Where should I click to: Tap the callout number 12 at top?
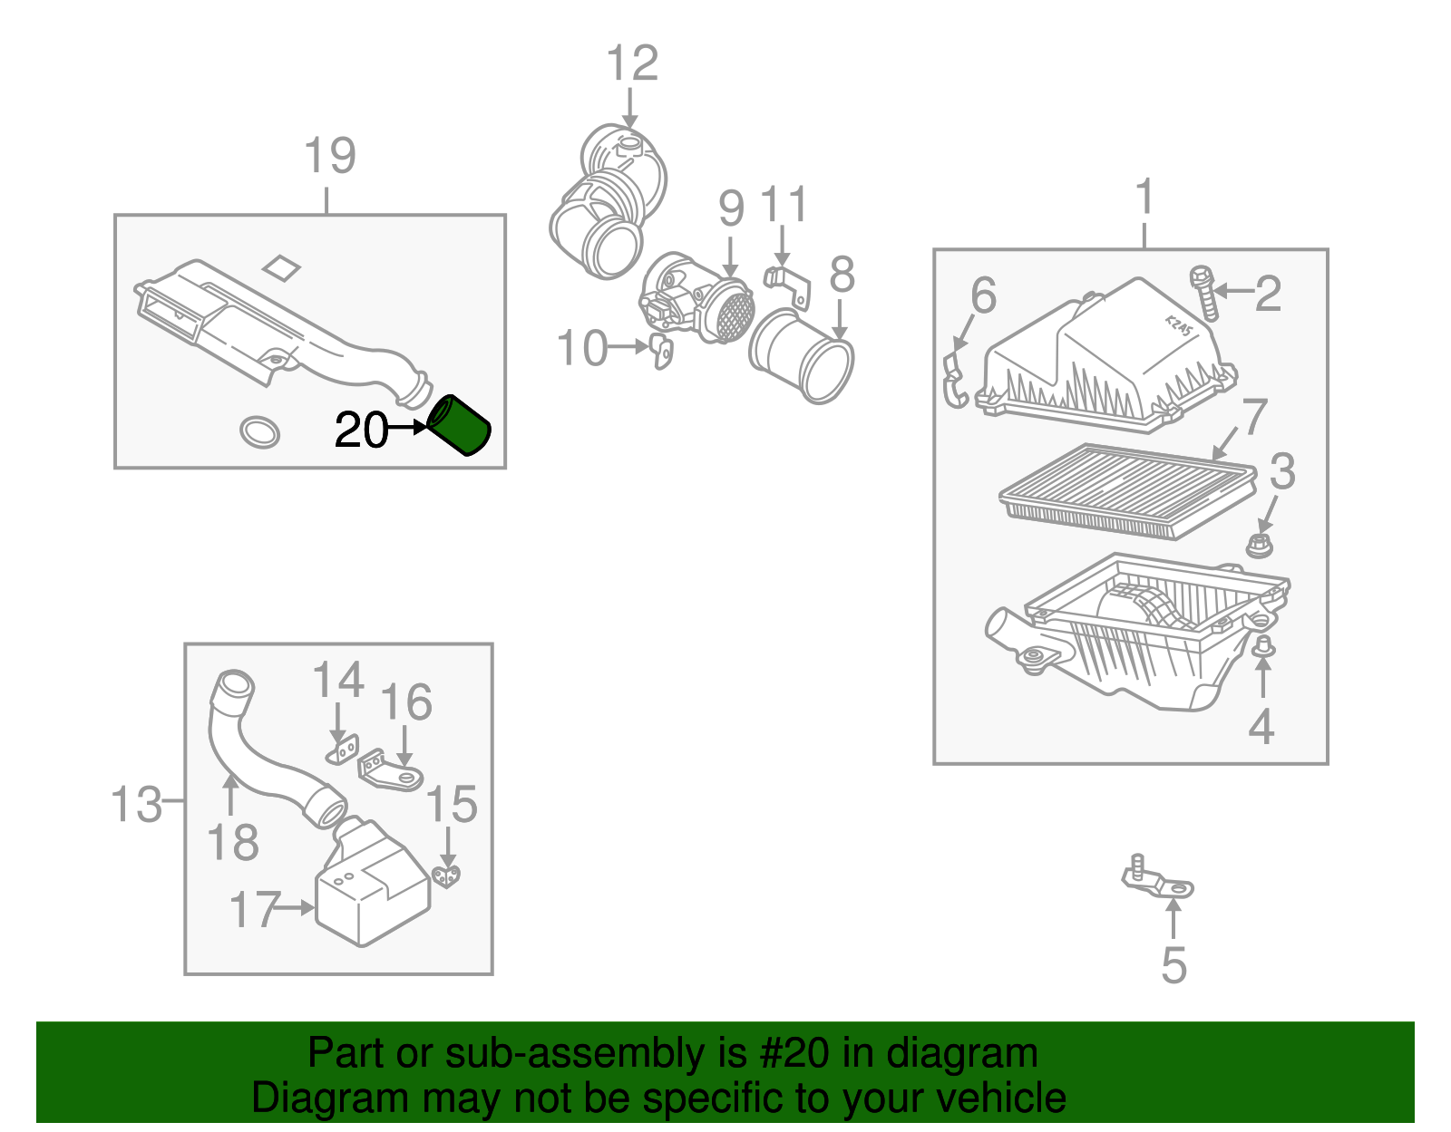632,63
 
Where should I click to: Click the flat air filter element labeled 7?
1128,490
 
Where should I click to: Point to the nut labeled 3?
1259,546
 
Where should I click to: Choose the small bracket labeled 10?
662,352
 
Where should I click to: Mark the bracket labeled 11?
787,283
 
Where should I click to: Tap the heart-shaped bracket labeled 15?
446,876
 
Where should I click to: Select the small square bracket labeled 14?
342,751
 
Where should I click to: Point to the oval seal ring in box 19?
259,432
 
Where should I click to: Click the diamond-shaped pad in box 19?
281,267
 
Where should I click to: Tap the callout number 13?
136,804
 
